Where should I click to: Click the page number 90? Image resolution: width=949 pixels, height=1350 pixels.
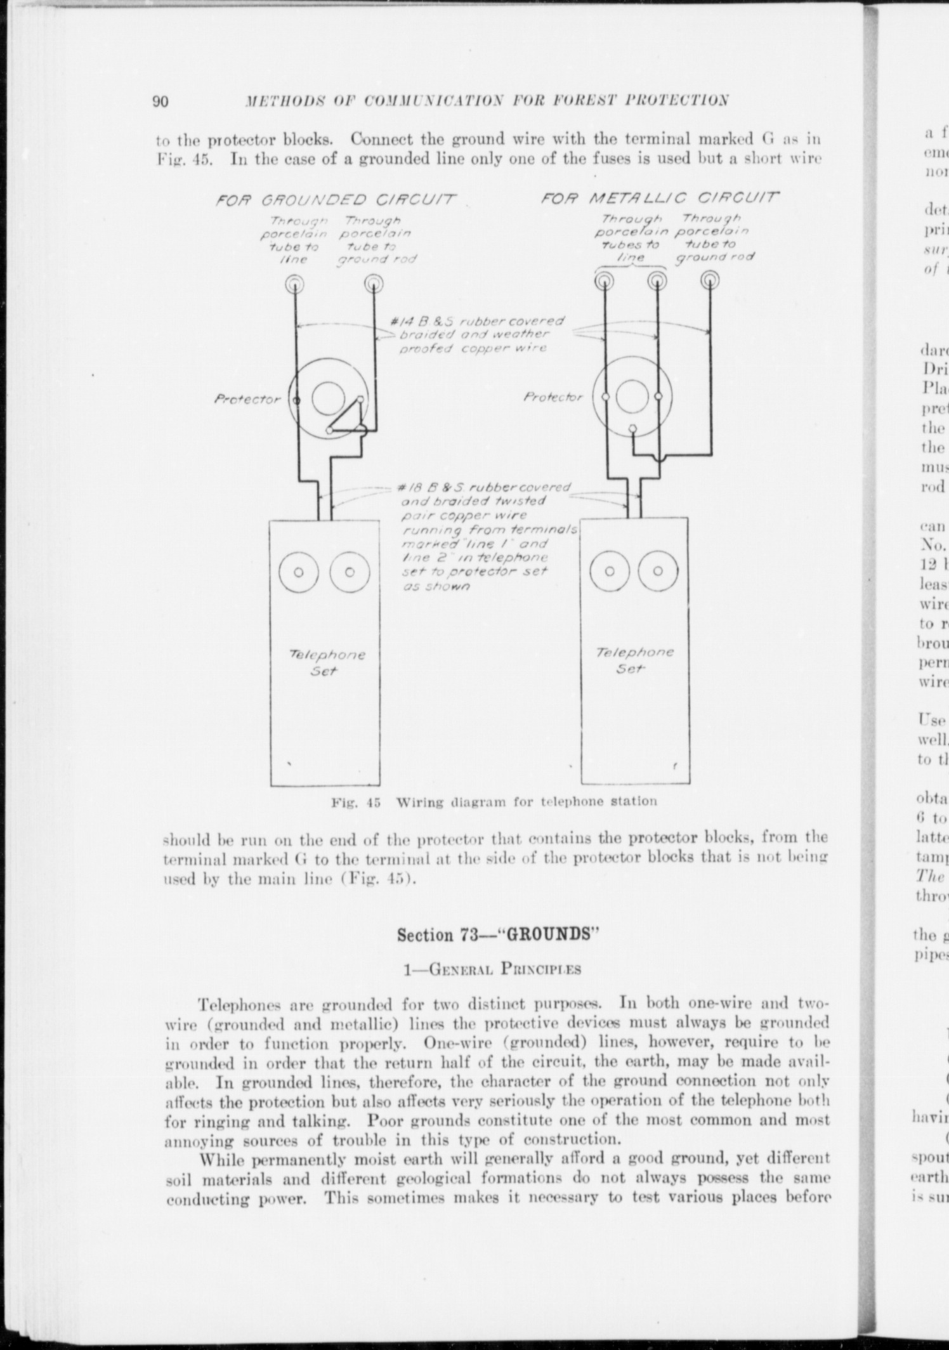(x=160, y=102)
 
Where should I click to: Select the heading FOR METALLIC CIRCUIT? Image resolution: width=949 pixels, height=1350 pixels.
(x=659, y=197)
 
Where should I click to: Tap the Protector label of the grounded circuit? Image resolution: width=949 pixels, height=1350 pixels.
(x=247, y=400)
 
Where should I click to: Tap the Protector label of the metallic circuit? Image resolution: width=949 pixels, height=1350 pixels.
(x=553, y=398)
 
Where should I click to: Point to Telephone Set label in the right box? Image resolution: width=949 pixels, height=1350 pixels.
(x=635, y=660)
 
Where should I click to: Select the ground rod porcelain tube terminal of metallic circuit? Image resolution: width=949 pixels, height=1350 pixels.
(x=710, y=279)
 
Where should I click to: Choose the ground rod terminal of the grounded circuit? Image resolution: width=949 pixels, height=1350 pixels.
(x=372, y=283)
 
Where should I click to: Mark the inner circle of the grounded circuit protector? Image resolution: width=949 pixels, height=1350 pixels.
(x=329, y=398)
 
